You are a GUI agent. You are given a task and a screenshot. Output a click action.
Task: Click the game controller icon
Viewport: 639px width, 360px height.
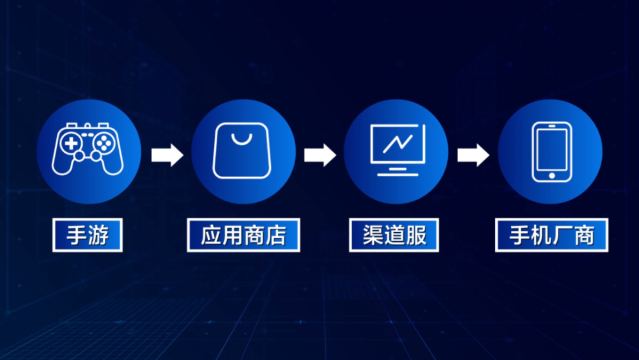coord(88,148)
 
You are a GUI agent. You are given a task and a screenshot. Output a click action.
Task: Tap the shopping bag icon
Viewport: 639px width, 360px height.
coord(242,150)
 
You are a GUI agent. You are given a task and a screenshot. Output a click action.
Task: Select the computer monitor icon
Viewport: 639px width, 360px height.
coord(397,150)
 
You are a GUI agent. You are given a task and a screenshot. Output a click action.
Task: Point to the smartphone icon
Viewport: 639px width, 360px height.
coord(552,152)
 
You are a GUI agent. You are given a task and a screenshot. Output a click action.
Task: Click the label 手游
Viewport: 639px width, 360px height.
coord(88,235)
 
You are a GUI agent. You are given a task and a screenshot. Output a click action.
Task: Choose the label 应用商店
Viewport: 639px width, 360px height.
coord(243,235)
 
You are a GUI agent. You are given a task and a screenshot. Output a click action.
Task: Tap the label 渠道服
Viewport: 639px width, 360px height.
coord(394,235)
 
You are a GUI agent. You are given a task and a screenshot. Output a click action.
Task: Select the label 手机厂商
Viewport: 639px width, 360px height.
coord(551,235)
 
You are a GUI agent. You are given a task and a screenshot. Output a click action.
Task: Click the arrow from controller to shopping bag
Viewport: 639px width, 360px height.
coord(167,155)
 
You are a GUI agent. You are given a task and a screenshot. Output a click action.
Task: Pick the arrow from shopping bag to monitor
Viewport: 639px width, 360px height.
coord(320,155)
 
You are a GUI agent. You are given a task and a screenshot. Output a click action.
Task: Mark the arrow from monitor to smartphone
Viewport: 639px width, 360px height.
coord(473,155)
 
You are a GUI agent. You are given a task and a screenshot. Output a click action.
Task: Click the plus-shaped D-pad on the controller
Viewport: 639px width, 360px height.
coord(72,143)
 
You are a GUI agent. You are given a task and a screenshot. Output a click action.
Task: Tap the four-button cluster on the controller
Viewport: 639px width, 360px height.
coord(104,143)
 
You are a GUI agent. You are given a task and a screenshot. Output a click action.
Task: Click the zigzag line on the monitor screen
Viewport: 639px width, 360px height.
coord(397,144)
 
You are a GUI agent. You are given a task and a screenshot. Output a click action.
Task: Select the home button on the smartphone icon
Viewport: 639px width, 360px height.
coord(552,176)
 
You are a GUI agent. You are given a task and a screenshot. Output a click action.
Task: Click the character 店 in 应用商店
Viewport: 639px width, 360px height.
coord(275,235)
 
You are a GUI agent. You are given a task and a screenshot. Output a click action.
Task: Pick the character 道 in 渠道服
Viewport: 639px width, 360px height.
coord(394,235)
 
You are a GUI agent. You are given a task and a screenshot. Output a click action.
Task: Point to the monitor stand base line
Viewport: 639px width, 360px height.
coord(397,175)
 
